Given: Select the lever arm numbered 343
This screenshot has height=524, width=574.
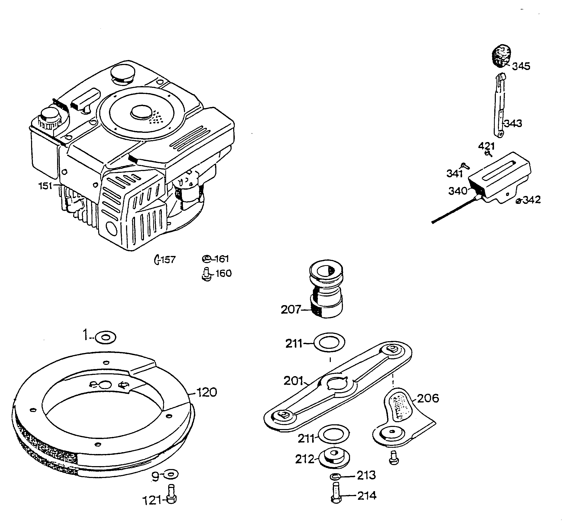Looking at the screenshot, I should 499,108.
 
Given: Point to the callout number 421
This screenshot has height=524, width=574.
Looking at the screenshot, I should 486,146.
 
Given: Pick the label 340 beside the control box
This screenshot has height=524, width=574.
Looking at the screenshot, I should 458,191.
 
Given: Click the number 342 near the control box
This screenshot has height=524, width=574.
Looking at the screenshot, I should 532,200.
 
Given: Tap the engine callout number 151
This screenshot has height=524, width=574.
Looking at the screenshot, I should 45,186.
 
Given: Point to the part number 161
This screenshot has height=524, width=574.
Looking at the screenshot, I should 222,259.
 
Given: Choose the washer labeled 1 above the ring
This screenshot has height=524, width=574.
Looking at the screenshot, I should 105,337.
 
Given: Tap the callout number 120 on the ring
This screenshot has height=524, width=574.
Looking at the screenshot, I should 207,392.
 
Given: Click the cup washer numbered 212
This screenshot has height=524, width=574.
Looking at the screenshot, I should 333,458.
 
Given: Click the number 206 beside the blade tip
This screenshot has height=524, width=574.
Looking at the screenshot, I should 428,399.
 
